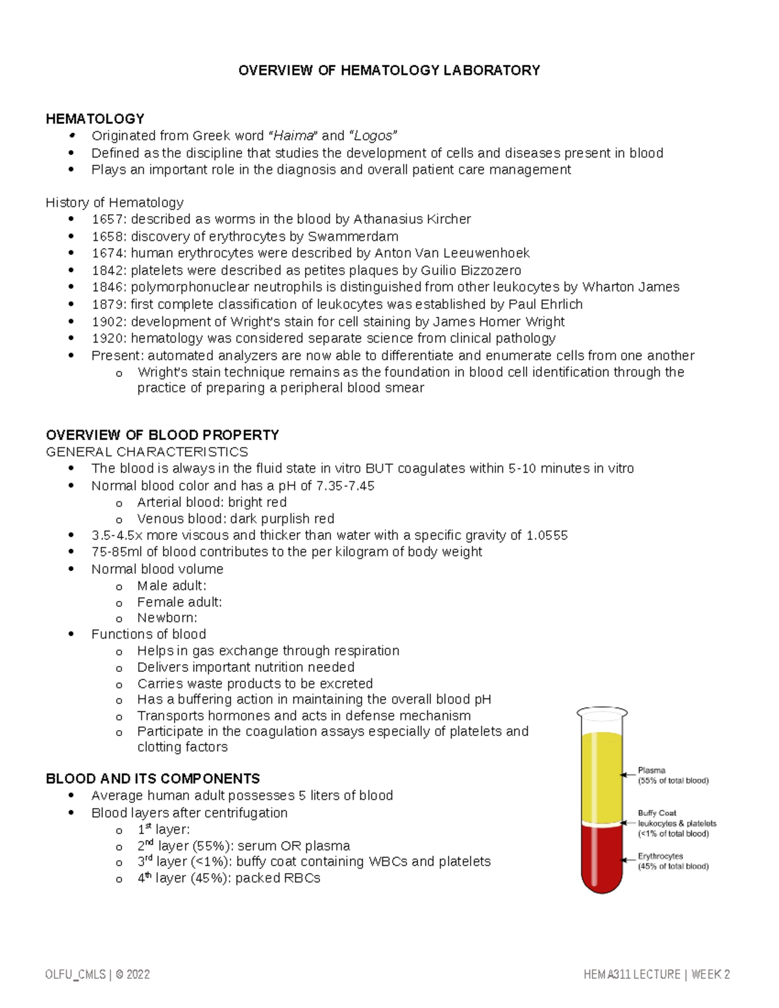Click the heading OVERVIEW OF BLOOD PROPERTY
(x=162, y=435)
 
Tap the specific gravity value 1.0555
(x=547, y=535)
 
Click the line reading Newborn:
(x=167, y=618)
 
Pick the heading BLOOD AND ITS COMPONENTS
(x=153, y=779)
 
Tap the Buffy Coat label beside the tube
(x=657, y=813)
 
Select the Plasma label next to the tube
(x=651, y=770)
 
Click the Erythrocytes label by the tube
(x=660, y=856)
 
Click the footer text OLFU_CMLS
(x=75, y=975)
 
